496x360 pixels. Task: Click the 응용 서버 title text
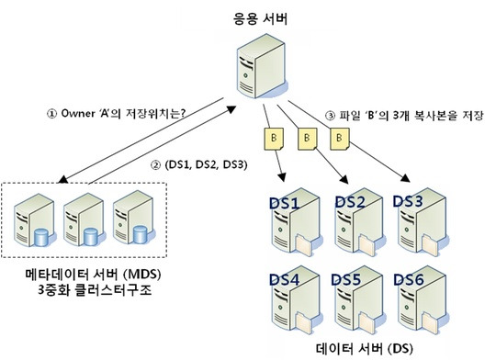(x=260, y=19)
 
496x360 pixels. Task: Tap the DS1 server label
(x=284, y=203)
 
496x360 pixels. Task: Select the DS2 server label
(x=350, y=202)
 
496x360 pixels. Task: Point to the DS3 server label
(x=408, y=201)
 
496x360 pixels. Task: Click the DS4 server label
(x=284, y=280)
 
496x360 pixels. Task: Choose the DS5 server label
(x=345, y=280)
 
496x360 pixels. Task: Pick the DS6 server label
(x=409, y=280)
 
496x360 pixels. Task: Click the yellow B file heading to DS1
(x=274, y=139)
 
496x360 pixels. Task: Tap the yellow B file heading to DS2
(x=308, y=139)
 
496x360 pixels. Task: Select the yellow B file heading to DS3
(x=340, y=139)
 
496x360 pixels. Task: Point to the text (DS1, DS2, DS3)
(x=206, y=164)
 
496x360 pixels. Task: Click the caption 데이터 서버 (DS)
(x=365, y=349)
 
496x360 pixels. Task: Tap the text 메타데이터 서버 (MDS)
(x=93, y=274)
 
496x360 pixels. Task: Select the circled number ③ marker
(x=330, y=116)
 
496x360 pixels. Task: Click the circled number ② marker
(x=155, y=164)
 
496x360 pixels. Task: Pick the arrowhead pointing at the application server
(x=231, y=109)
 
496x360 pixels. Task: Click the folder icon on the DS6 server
(x=430, y=323)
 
